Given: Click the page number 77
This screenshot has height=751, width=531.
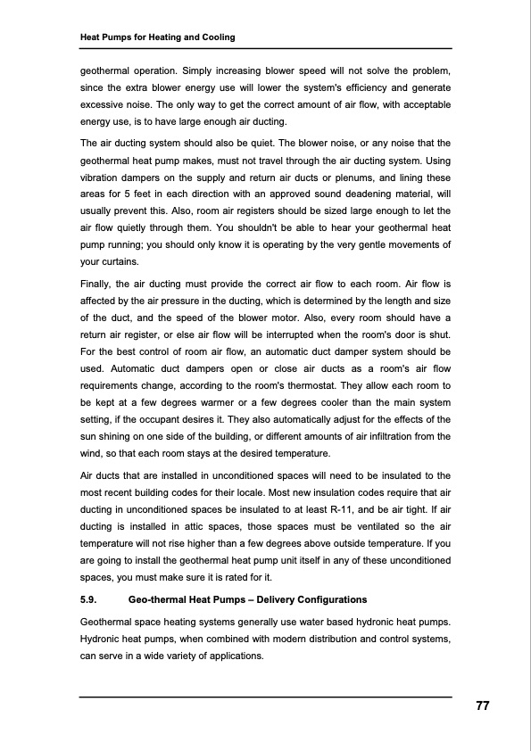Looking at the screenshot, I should [482, 706].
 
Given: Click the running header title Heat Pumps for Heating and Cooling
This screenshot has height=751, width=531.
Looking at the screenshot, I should [158, 37].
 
